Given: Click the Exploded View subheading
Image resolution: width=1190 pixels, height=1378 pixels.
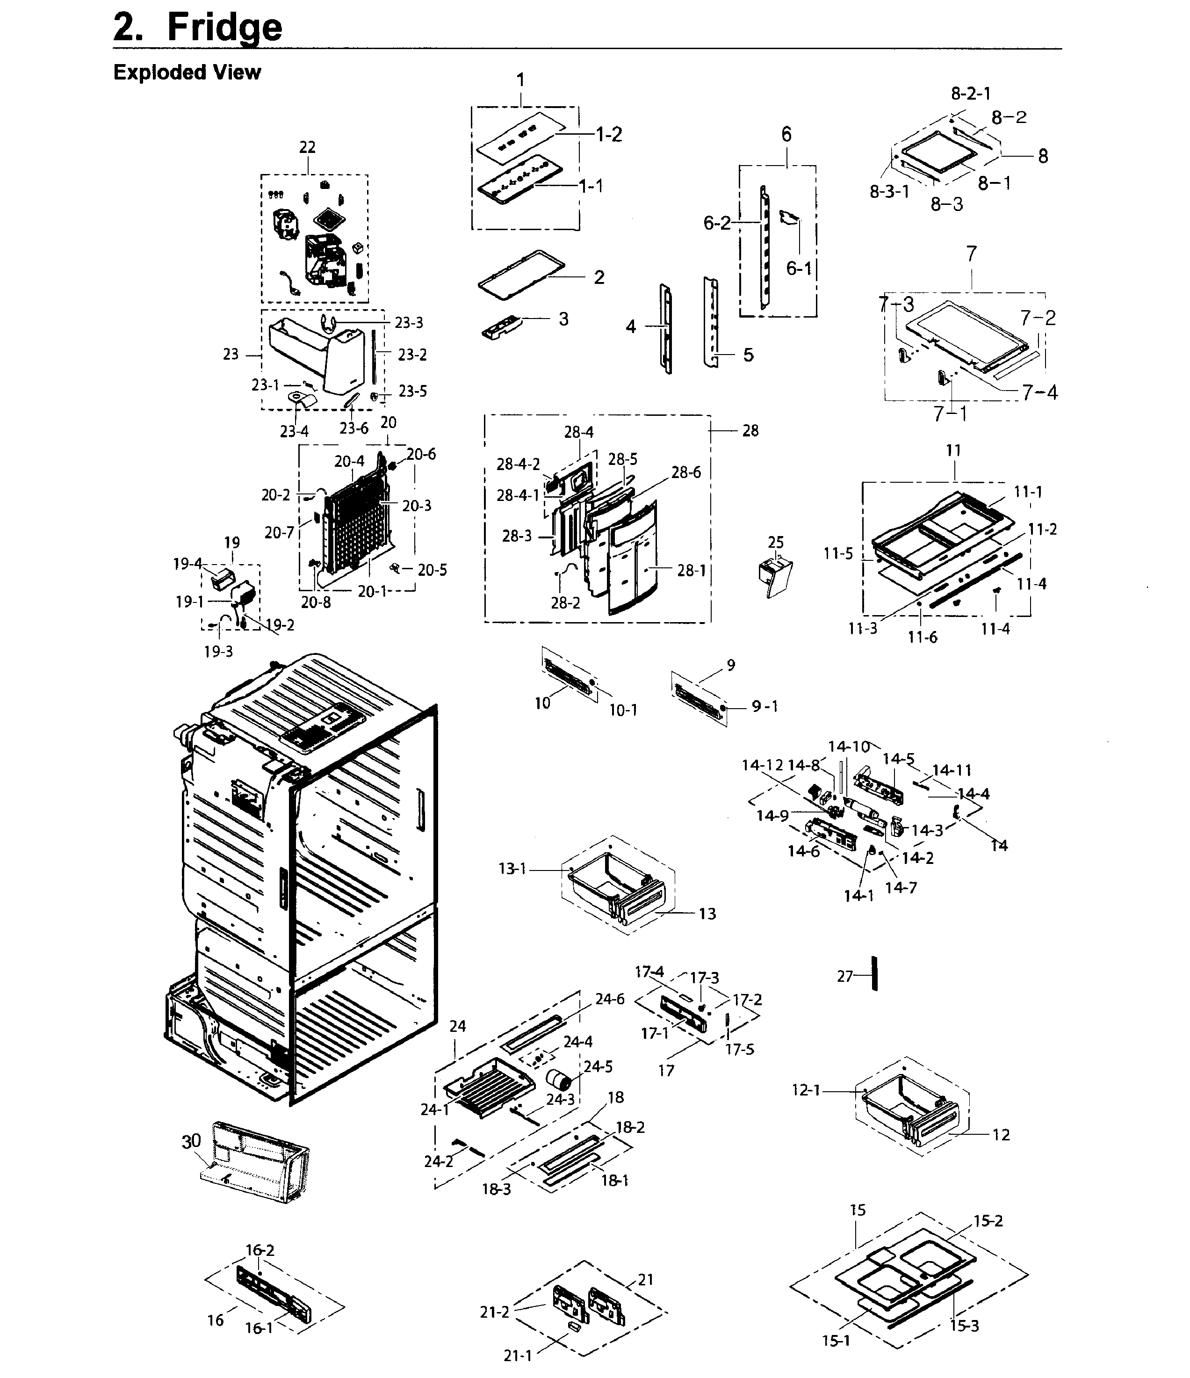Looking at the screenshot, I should pyautogui.click(x=187, y=72).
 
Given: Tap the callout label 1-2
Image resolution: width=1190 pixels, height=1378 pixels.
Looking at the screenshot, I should pyautogui.click(x=608, y=134).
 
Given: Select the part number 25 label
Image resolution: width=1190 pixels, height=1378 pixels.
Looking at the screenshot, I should pyautogui.click(x=776, y=542).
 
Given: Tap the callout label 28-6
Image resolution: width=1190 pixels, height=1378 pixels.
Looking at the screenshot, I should pyautogui.click(x=685, y=472).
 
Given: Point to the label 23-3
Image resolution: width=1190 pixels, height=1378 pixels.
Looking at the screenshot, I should pyautogui.click(x=409, y=323).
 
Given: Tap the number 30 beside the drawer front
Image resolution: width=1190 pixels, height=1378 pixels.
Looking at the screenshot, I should pyautogui.click(x=191, y=1141).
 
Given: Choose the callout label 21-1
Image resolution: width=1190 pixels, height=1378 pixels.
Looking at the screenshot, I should pyautogui.click(x=518, y=1355).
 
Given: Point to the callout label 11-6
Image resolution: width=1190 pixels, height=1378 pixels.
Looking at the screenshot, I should pyautogui.click(x=923, y=637).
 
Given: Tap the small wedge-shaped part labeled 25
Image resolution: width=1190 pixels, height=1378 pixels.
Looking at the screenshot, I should pyautogui.click(x=775, y=576).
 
